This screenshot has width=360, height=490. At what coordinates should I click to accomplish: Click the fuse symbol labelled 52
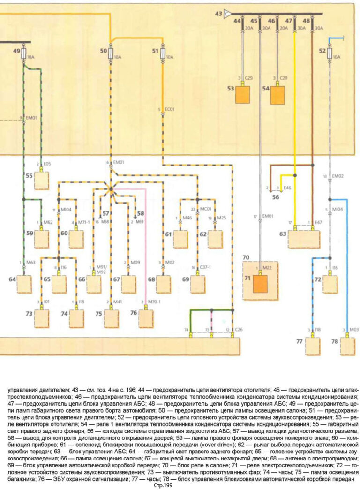tap(330, 53)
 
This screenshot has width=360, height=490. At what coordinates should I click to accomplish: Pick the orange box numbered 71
tap(260, 284)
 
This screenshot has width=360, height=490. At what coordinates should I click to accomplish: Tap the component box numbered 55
tap(41, 180)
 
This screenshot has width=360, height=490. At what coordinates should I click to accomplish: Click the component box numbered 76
tap(146, 318)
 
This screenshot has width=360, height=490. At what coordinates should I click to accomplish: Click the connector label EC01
tap(170, 109)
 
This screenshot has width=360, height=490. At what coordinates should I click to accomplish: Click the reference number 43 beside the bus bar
tap(218, 15)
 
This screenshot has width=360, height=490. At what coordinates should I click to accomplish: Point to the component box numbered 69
tap(197, 284)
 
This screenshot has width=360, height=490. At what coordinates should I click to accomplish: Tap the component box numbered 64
tap(24, 284)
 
